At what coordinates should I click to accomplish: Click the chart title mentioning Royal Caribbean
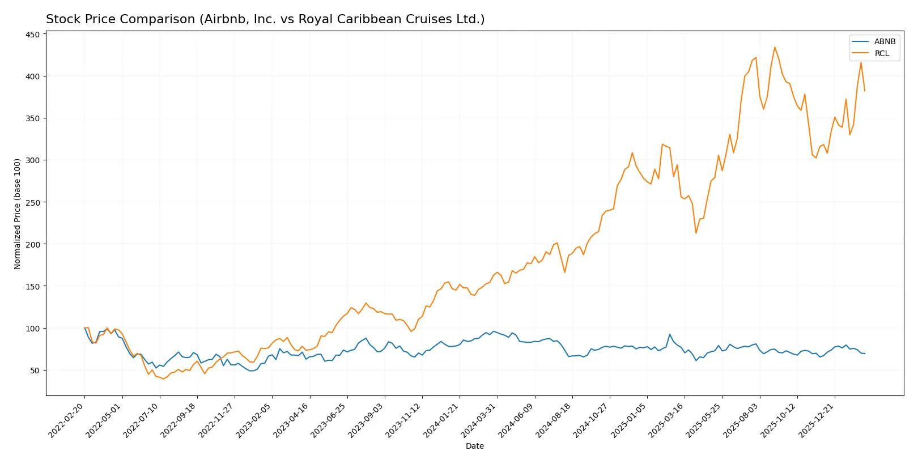265,19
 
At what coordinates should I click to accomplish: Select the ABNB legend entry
884,41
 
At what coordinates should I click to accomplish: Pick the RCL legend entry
882,54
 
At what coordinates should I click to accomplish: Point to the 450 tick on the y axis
33,35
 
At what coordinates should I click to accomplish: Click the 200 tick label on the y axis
33,245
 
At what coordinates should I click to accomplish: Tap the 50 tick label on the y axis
35,371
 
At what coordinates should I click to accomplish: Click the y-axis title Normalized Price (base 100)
18,214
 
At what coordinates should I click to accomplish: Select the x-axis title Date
474,446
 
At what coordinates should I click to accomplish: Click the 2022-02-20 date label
67,421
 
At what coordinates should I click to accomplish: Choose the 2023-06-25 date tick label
329,421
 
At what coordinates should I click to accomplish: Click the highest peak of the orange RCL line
775,47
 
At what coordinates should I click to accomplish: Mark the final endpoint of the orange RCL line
865,91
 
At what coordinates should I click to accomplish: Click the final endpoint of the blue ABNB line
865,354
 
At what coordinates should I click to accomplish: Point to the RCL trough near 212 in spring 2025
696,233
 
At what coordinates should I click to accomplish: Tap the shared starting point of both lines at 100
84,328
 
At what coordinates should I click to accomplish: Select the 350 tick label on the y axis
33,118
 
